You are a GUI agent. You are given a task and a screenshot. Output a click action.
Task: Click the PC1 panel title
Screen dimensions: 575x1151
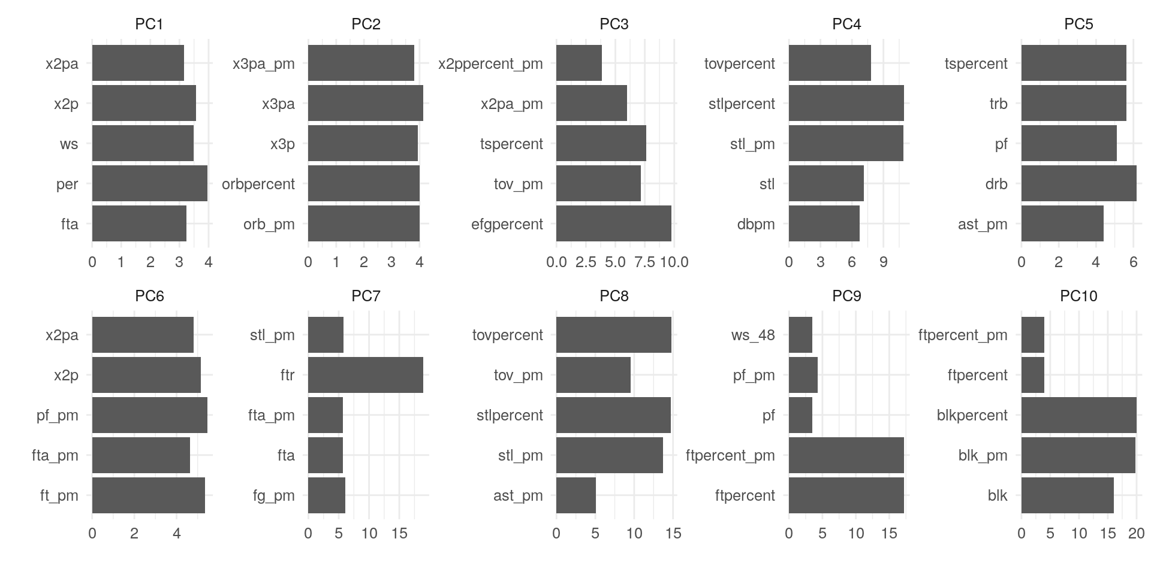point(149,24)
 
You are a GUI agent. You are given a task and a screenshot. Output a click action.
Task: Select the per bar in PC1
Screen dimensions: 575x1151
point(149,183)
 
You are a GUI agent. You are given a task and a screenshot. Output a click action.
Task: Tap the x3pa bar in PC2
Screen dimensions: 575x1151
point(365,103)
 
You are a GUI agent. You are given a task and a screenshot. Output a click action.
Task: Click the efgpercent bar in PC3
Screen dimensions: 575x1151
point(613,223)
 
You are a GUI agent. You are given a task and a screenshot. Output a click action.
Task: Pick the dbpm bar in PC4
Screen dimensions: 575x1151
point(824,223)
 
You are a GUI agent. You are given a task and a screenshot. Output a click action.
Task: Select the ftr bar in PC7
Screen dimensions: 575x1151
point(365,375)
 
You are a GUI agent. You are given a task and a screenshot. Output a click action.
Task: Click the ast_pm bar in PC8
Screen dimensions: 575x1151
point(575,495)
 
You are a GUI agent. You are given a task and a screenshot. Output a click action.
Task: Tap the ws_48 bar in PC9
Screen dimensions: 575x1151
point(800,335)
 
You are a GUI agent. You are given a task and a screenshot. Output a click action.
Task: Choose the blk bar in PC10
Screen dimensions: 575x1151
point(1067,495)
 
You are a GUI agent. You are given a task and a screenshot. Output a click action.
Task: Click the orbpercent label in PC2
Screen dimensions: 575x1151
point(258,184)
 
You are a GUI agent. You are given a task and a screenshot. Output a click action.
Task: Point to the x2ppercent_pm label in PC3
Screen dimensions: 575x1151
point(490,63)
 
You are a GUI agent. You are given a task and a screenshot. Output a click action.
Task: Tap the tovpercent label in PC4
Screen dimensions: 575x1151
point(739,63)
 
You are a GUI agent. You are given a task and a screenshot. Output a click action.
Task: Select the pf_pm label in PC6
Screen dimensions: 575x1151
point(58,415)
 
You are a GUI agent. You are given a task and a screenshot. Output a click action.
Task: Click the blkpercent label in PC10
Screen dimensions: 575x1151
point(972,415)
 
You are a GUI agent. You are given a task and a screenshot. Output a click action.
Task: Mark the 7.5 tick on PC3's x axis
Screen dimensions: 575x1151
point(644,262)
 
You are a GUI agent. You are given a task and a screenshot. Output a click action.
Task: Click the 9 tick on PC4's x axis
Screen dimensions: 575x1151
point(883,262)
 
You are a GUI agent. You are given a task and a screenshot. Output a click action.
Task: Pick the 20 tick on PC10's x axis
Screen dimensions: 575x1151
point(1136,534)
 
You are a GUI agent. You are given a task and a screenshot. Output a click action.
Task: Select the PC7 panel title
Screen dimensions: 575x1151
point(366,296)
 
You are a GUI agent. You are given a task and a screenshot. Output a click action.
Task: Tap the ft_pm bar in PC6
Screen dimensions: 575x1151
point(148,495)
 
